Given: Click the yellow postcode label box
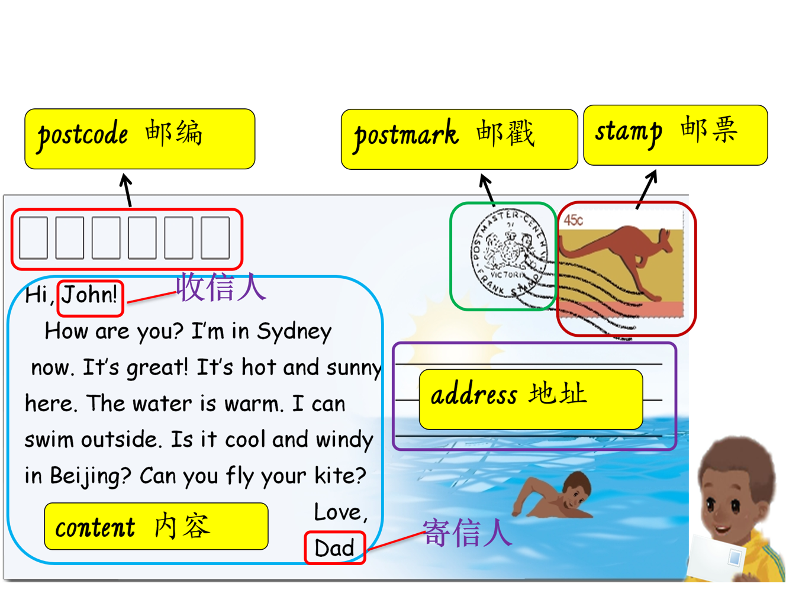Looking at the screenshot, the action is tap(140, 139).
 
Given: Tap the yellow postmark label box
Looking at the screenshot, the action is tap(459, 139).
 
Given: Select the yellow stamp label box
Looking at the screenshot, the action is tap(675, 135).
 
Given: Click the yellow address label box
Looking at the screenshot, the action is tap(531, 399).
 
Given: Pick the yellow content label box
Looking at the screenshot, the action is tap(156, 526).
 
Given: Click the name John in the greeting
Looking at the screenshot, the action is tap(89, 295).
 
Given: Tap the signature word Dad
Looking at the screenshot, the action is tap(334, 548).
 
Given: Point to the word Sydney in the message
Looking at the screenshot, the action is tap(294, 332).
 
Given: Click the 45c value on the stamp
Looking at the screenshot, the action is tap(574, 220).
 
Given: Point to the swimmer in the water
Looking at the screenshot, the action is tap(553, 495).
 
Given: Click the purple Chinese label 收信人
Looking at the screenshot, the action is tap(221, 287).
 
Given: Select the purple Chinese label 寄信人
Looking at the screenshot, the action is tap(468, 533).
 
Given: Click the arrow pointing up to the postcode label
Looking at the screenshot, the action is tap(127, 190).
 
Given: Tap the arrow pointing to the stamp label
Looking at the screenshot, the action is tap(647, 189).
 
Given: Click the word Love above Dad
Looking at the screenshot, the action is tap(340, 512).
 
